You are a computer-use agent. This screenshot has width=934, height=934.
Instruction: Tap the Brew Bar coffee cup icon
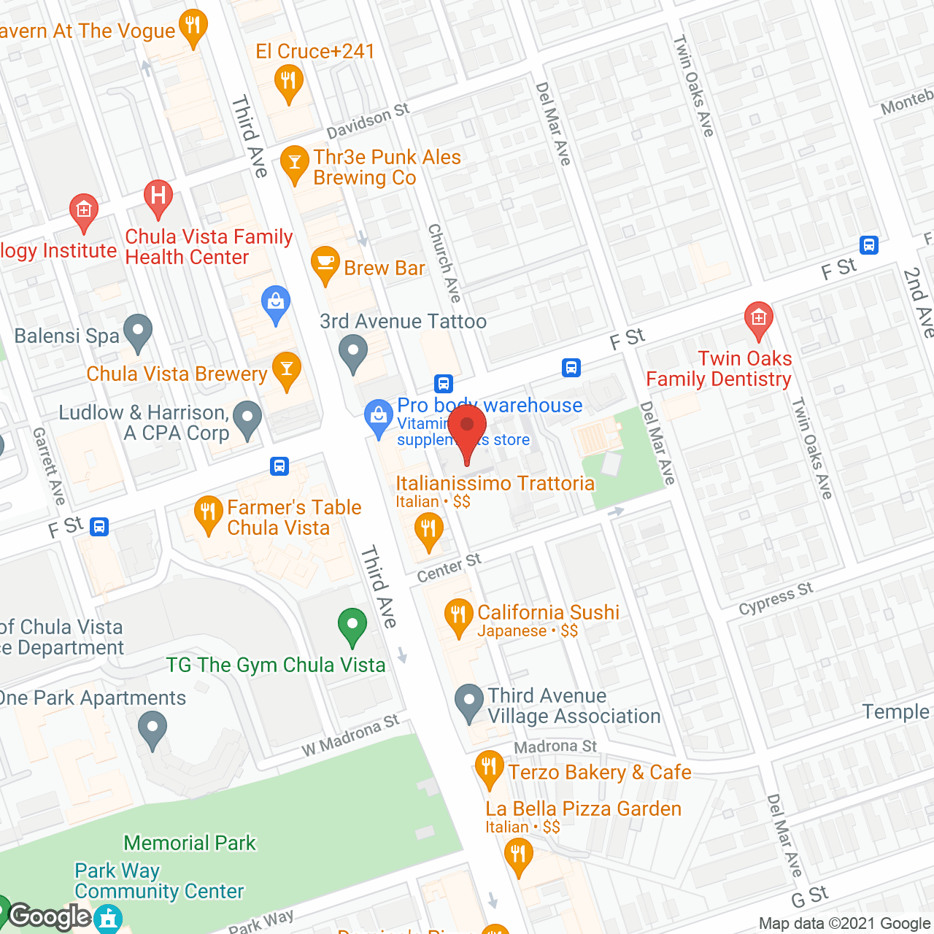pos(325,264)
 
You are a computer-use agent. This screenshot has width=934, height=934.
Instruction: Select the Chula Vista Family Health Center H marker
pos(158,197)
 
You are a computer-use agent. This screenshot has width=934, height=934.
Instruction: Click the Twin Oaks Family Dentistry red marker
pos(758,319)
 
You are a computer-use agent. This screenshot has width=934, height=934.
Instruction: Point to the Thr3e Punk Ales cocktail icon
pos(295,163)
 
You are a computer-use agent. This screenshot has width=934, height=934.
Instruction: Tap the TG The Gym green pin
pos(352,625)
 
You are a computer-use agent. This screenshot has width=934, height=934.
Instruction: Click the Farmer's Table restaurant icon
pos(208,513)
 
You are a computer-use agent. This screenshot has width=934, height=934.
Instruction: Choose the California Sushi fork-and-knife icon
pos(458,617)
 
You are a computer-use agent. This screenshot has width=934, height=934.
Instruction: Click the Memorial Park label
pos(190,843)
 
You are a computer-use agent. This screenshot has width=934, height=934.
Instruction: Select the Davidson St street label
pos(368,121)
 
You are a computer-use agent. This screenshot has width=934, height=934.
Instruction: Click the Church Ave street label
pos(444,263)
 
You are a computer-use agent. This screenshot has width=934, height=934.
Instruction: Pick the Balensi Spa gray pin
pos(137,332)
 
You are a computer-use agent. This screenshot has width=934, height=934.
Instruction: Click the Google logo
pos(50,916)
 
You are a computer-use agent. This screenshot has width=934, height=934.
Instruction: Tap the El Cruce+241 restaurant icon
pos(288,82)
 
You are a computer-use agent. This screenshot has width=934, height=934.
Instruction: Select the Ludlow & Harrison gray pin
pos(248,419)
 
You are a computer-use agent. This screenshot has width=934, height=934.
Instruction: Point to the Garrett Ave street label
pos(49,466)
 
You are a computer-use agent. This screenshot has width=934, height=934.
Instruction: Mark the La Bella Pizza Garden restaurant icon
pos(518,854)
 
